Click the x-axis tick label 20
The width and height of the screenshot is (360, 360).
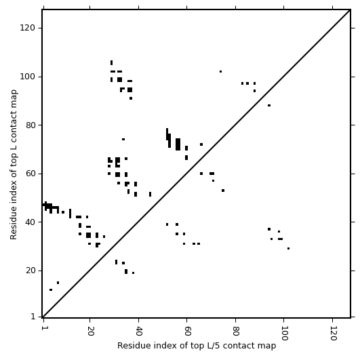coord(90,331)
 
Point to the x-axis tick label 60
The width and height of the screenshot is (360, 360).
coord(187,331)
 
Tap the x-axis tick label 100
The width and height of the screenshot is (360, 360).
coord(284,333)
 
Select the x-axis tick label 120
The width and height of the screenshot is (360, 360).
coord(333,333)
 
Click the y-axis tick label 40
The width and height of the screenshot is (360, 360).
coord(31,222)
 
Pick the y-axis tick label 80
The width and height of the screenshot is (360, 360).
coord(31,125)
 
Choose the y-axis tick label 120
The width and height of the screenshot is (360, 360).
coord(28,28)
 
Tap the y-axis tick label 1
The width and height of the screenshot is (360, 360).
coord(33,317)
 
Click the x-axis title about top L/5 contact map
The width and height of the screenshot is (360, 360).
coord(197,346)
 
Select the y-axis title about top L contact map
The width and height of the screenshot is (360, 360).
coord(14,165)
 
